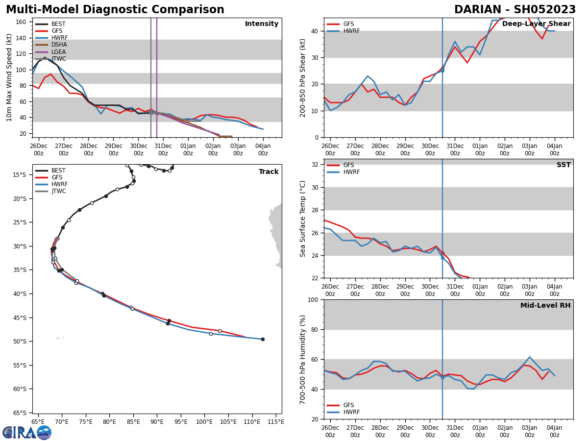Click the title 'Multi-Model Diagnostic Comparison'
(x=115, y=10)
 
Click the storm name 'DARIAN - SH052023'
(x=515, y=10)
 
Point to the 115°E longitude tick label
(x=276, y=422)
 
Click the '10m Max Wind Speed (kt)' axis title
(x=9, y=77)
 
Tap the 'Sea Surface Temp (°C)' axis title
(x=303, y=219)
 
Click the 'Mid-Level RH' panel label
(x=545, y=306)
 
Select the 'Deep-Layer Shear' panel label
(x=536, y=24)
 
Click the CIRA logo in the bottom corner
(x=26, y=433)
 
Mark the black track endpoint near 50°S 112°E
(x=263, y=339)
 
